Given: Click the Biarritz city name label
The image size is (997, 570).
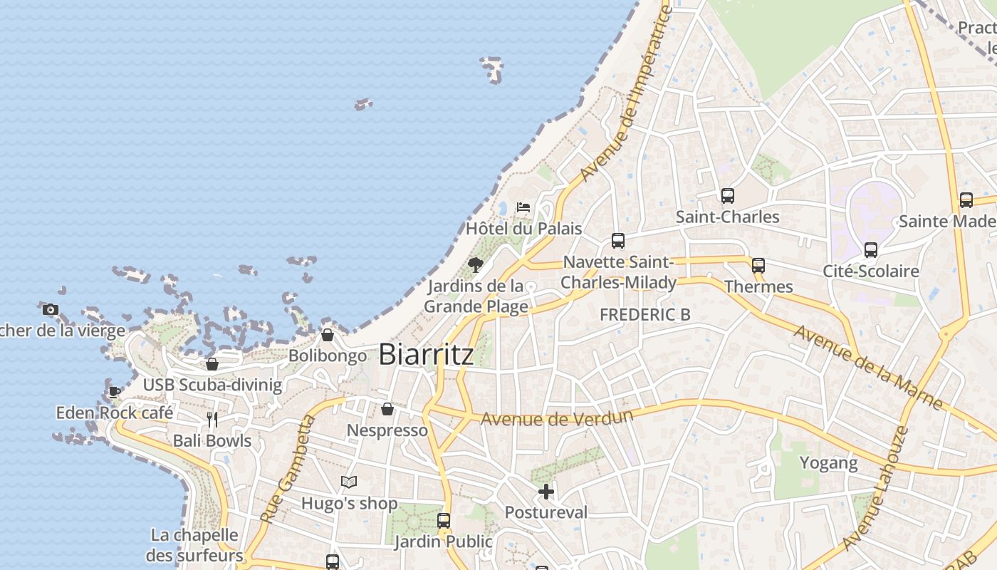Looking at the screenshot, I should [x=426, y=354].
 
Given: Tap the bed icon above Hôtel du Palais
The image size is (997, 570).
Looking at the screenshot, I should [x=523, y=207].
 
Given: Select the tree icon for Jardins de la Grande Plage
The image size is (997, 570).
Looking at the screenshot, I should [x=476, y=265].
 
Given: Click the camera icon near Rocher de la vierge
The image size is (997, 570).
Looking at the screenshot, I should [x=50, y=309].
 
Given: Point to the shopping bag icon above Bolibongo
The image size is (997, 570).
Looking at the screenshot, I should [x=328, y=334].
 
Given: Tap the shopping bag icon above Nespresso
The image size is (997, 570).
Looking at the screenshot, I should [x=387, y=409].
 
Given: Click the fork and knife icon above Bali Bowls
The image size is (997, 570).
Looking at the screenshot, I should [x=212, y=419].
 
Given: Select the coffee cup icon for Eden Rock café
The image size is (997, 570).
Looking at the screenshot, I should [x=114, y=391].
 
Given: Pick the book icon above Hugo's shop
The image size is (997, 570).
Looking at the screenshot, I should [x=348, y=482].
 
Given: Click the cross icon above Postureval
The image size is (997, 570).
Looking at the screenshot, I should [x=546, y=491].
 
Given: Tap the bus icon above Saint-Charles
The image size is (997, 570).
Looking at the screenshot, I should [x=727, y=195].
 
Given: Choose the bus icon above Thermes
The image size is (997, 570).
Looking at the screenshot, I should [x=758, y=265].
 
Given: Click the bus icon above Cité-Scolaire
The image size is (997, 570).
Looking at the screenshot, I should [x=870, y=249].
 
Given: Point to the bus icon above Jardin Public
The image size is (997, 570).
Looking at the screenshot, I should [x=444, y=520].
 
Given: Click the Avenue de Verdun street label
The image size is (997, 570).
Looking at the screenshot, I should [x=557, y=417].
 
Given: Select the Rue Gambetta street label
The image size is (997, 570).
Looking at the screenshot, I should [x=288, y=470].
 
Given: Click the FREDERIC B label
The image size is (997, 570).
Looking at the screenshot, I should [x=644, y=314].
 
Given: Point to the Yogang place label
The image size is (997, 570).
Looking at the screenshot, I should [x=828, y=463].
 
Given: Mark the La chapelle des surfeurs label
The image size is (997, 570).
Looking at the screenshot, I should [x=194, y=545].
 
